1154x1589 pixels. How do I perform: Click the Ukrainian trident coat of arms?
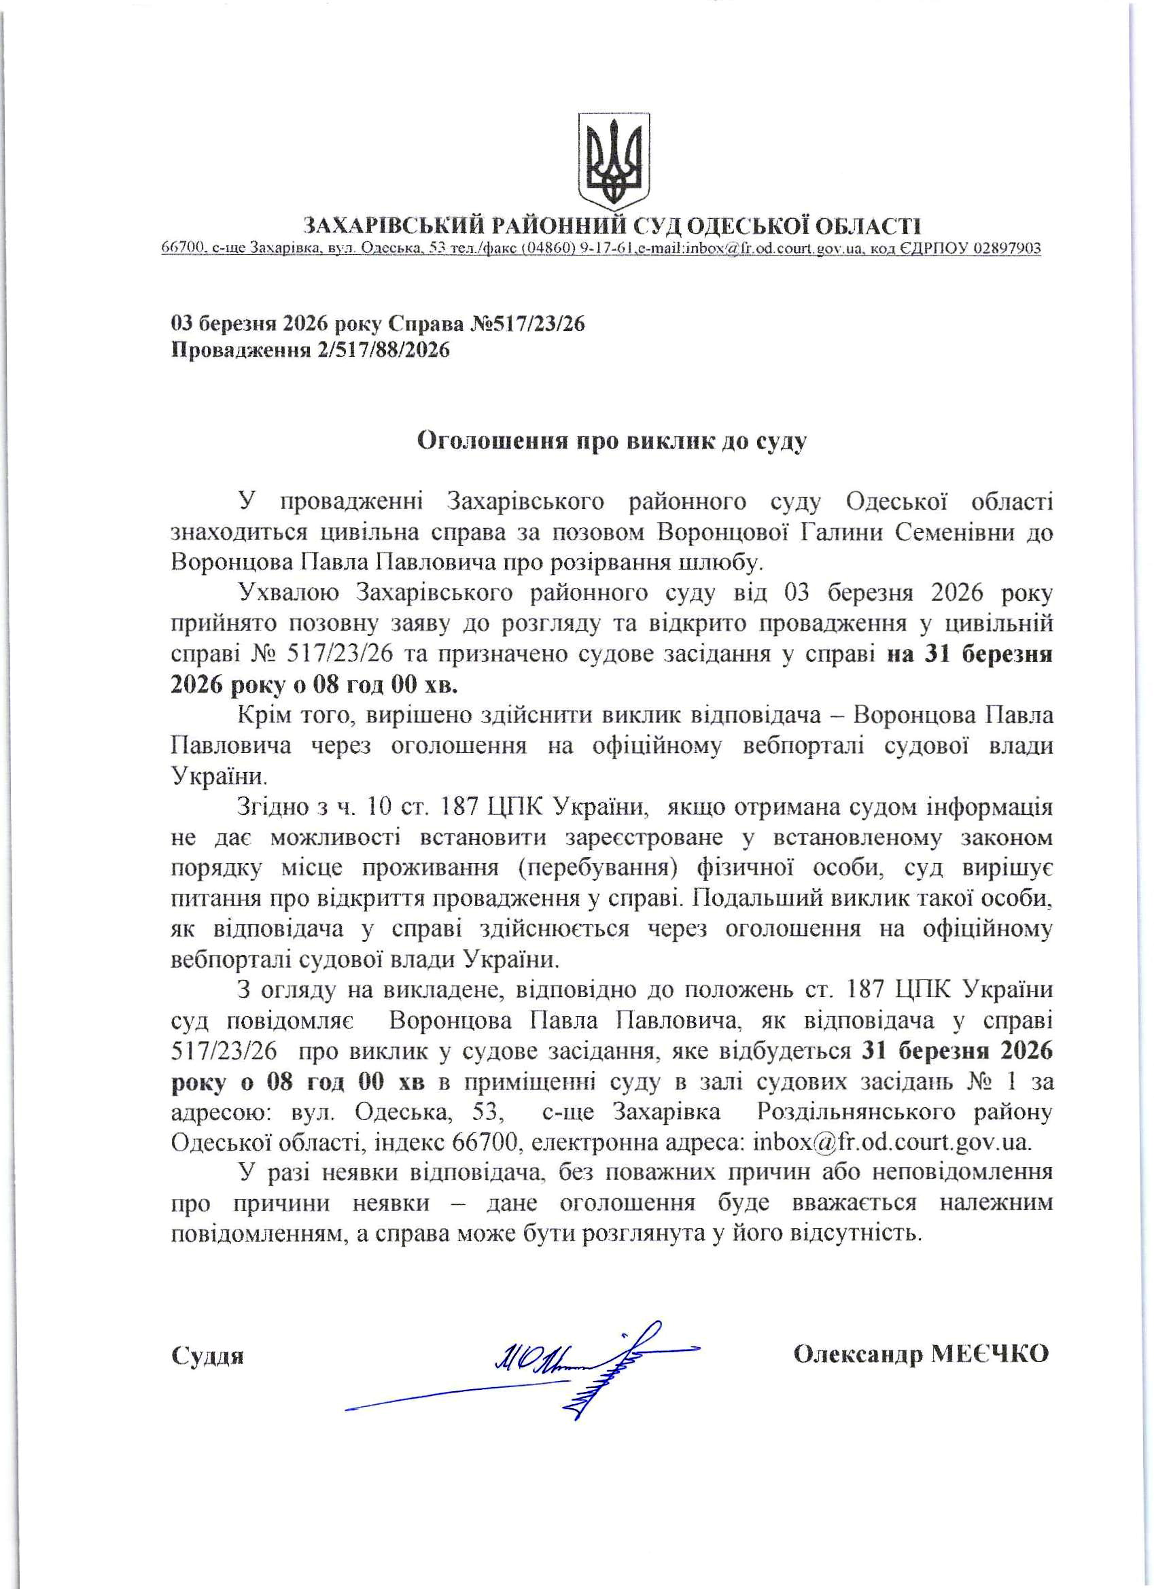[x=613, y=160]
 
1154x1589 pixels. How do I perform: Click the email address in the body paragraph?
[x=891, y=1142]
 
